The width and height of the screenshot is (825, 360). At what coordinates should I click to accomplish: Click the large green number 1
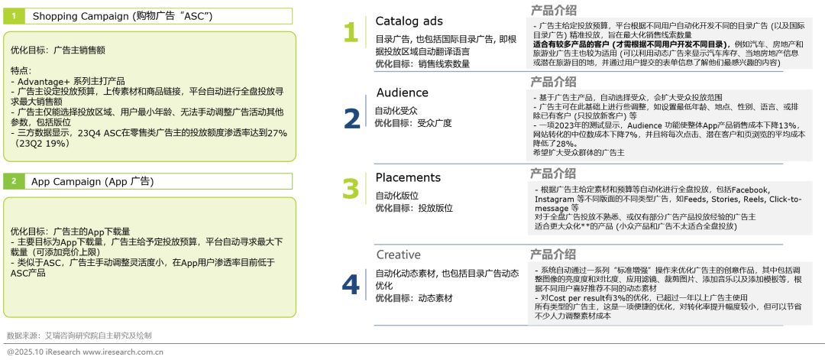pos(350,32)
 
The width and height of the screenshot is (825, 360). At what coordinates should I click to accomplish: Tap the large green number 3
pos(350,188)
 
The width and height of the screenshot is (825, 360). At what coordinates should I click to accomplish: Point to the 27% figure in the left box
pos(277,132)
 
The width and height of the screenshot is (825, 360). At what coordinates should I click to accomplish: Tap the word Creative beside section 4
pos(398,255)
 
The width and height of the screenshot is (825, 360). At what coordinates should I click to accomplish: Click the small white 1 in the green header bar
pos(14,15)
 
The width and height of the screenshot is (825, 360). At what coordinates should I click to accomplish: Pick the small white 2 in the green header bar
pos(14,181)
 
